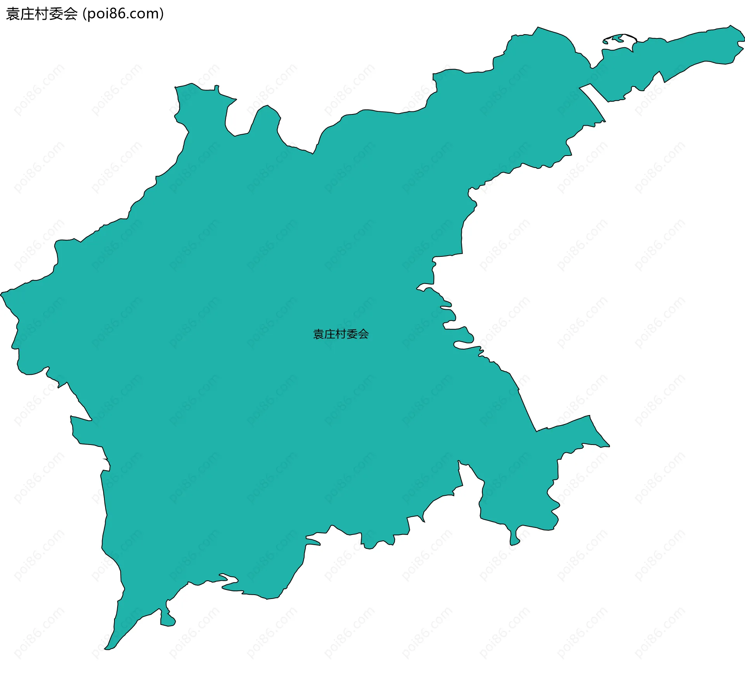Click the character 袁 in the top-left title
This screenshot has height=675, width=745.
[x=13, y=14]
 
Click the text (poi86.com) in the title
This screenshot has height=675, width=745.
[x=123, y=14]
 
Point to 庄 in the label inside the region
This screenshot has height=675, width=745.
[x=329, y=334]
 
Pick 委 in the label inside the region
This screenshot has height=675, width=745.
[x=352, y=334]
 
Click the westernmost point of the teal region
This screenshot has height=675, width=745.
[x=1, y=293]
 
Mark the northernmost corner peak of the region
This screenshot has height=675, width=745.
[x=537, y=28]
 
